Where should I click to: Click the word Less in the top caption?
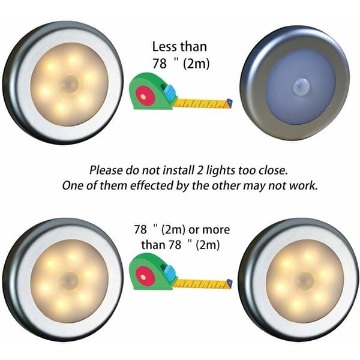pyautogui.click(x=165, y=47)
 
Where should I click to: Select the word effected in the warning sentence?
pyautogui.click(x=152, y=185)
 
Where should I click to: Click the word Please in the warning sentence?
pyautogui.click(x=106, y=170)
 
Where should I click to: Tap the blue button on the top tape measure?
pyautogui.click(x=170, y=92)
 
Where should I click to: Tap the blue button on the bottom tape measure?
pyautogui.click(x=170, y=272)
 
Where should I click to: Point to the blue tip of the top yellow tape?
pyautogui.click(x=229, y=103)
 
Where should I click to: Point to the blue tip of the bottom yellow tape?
pyautogui.click(x=229, y=283)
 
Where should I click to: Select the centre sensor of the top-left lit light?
pyautogui.click(x=70, y=84)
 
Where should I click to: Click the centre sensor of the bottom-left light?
pyautogui.click(x=70, y=281)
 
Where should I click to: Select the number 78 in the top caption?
pyautogui.click(x=160, y=63)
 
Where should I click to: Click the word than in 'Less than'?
pyautogui.click(x=193, y=47)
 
